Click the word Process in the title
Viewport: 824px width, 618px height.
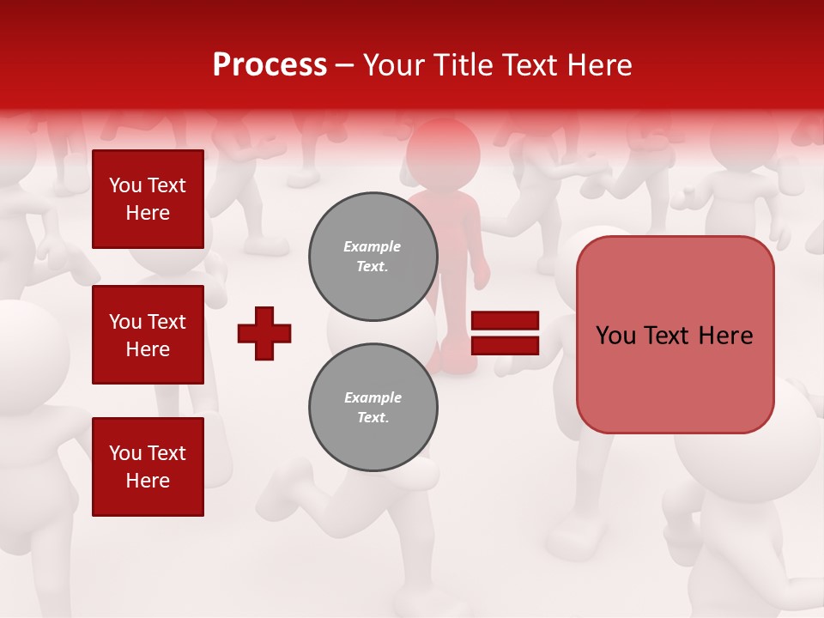(x=270, y=64)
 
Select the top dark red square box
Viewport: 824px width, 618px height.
(x=148, y=199)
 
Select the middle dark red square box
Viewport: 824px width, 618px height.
(x=148, y=335)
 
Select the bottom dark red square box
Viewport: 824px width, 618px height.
(x=148, y=467)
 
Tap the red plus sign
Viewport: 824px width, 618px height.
(x=264, y=333)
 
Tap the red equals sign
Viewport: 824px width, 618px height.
(x=505, y=333)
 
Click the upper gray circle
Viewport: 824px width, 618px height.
(x=373, y=257)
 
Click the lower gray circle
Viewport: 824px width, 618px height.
(x=373, y=408)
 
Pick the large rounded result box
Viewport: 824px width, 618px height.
(x=675, y=335)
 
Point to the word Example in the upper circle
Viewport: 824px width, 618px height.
(x=373, y=246)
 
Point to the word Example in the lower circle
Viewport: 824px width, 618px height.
(x=373, y=397)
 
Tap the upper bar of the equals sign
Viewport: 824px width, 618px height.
(x=505, y=321)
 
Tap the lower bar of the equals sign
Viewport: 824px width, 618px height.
(x=505, y=345)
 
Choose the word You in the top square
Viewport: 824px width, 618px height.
(x=125, y=185)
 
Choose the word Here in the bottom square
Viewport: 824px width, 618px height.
(x=148, y=481)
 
